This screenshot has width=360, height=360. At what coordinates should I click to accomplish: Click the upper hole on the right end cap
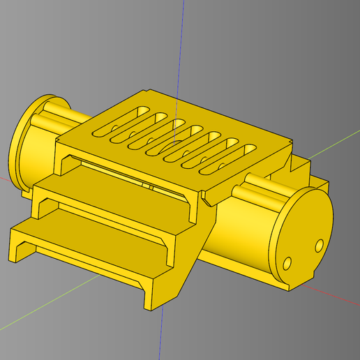tap(319, 245)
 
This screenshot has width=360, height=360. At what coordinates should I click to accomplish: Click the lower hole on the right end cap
tap(288, 265)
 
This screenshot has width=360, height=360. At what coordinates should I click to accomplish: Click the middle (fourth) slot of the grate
tap(174, 140)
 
